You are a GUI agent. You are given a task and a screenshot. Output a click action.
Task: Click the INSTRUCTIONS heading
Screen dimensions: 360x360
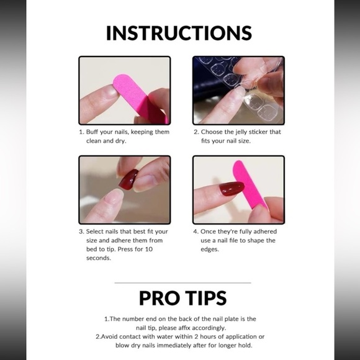click(179, 33)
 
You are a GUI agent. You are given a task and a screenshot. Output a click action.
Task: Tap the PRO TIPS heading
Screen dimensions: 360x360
click(182, 298)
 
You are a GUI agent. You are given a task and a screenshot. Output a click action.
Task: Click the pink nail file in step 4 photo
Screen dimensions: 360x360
click(250, 184)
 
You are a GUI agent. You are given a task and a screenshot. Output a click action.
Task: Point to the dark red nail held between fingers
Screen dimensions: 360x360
click(128, 179)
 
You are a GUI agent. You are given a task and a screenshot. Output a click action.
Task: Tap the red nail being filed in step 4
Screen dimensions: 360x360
click(232, 188)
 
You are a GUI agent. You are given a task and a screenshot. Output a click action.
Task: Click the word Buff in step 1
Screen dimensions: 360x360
click(92, 132)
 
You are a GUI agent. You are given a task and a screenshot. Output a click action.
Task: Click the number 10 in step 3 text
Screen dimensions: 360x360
click(149, 249)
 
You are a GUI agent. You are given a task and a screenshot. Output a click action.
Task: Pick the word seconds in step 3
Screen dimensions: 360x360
click(99, 258)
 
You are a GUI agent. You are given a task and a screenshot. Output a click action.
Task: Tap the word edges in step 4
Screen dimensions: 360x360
click(210, 250)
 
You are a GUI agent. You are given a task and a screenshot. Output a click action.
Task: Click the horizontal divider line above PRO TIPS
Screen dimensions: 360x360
click(182, 283)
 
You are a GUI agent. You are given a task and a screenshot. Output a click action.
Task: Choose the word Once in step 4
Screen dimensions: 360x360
click(208, 232)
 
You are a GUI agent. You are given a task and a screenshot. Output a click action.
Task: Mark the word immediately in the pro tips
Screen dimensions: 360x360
click(174, 345)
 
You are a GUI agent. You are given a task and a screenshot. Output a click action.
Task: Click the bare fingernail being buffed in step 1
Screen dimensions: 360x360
click(111, 90)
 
